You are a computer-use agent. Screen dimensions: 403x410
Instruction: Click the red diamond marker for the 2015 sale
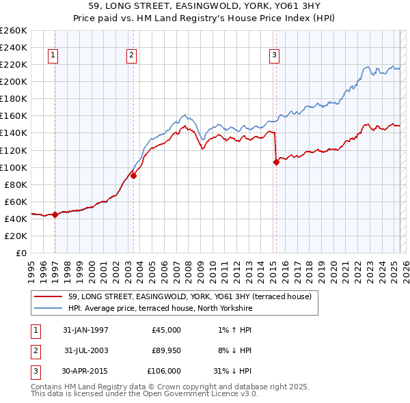pyautogui.click(x=276, y=162)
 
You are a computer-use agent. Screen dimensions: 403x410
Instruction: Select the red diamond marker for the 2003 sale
pyautogui.click(x=134, y=176)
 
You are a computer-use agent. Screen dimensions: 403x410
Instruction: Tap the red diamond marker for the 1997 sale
pyautogui.click(x=55, y=214)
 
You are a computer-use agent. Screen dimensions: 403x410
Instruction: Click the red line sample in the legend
pyautogui.click(x=48, y=296)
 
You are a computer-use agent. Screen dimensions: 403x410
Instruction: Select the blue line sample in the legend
pyautogui.click(x=48, y=308)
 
